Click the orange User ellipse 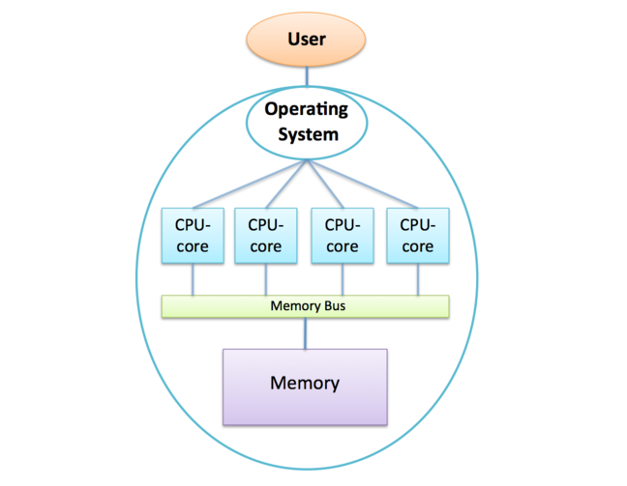307,40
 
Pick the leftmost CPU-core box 191,235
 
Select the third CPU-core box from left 341,235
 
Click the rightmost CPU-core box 417,235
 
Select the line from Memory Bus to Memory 306,332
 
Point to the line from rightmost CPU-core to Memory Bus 418,279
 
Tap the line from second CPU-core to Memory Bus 266,279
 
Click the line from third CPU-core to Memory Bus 342,279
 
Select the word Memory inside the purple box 305,384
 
